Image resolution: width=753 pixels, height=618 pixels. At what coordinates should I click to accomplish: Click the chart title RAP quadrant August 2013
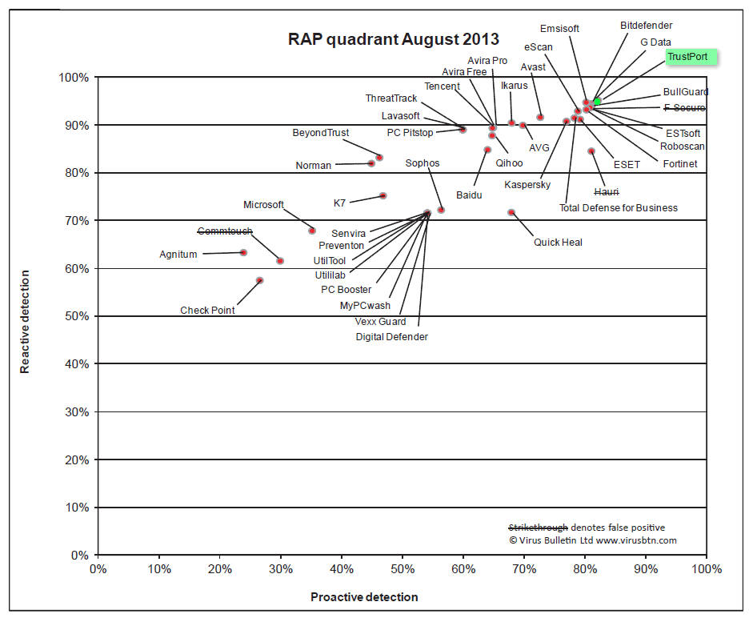(x=394, y=39)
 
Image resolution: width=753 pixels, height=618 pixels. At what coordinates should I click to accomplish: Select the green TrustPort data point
(x=597, y=102)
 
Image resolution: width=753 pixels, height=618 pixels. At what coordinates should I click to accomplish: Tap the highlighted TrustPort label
(x=692, y=58)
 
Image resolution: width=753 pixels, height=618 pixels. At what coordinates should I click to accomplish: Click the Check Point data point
(x=259, y=280)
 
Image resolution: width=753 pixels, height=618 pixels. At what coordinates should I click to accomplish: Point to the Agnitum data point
(x=243, y=252)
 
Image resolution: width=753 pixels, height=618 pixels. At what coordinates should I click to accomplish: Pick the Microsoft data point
(x=312, y=231)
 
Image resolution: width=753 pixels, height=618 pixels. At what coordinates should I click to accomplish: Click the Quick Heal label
(x=558, y=243)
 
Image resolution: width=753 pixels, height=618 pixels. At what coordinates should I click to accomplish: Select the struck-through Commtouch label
(x=225, y=231)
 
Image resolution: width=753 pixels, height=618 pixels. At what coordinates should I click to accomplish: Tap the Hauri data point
(x=591, y=150)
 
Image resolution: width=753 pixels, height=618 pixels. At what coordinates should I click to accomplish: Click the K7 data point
(x=383, y=195)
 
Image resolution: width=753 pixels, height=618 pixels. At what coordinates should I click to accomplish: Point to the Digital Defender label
(x=391, y=337)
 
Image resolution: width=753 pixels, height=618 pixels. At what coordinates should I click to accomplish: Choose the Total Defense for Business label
(x=618, y=208)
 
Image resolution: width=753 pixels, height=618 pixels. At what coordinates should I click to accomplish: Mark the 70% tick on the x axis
(x=524, y=569)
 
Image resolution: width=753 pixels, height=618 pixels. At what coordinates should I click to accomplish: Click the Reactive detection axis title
(x=26, y=322)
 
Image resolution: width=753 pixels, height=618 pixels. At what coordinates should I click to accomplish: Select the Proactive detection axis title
(x=364, y=597)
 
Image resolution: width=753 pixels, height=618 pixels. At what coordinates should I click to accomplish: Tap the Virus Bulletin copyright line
(x=593, y=540)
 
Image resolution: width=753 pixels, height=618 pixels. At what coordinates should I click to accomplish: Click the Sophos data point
(x=441, y=210)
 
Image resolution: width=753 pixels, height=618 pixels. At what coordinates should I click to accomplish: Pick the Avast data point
(x=540, y=117)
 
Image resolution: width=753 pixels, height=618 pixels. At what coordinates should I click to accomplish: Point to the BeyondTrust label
(x=320, y=133)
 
